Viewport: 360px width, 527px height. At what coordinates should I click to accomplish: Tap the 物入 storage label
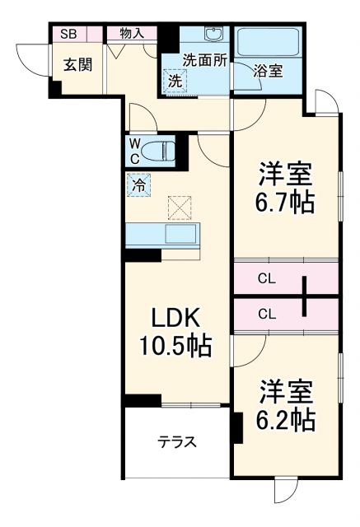[132, 34]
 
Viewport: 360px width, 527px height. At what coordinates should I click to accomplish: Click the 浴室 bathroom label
[269, 71]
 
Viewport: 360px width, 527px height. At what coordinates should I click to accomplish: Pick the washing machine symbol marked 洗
[175, 81]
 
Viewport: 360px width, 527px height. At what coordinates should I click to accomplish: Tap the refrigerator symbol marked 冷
[138, 185]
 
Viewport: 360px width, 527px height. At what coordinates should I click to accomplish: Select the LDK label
[175, 317]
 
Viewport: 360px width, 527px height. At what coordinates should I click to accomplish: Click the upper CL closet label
[266, 278]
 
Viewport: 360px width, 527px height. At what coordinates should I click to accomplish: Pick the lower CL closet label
[266, 313]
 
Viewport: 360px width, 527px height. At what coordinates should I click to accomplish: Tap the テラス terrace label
[177, 442]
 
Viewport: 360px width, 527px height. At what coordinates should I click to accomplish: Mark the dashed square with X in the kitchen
[180, 208]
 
